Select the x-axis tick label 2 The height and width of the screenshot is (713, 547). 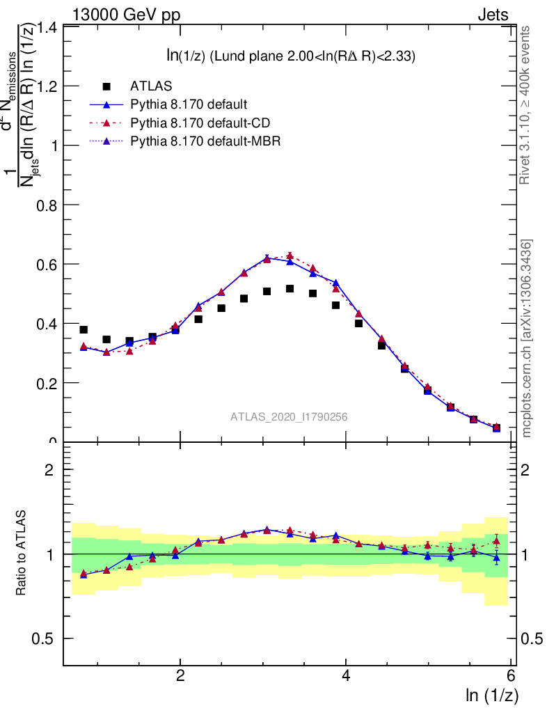(180, 676)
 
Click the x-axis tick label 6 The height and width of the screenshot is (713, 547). (511, 676)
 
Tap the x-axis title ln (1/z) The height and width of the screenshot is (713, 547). (492, 695)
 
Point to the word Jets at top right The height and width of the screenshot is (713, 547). (493, 15)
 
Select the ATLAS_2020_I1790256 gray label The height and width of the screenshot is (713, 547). (289, 417)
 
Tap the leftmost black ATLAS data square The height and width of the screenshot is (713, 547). (84, 329)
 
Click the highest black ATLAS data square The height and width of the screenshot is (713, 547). (290, 288)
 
